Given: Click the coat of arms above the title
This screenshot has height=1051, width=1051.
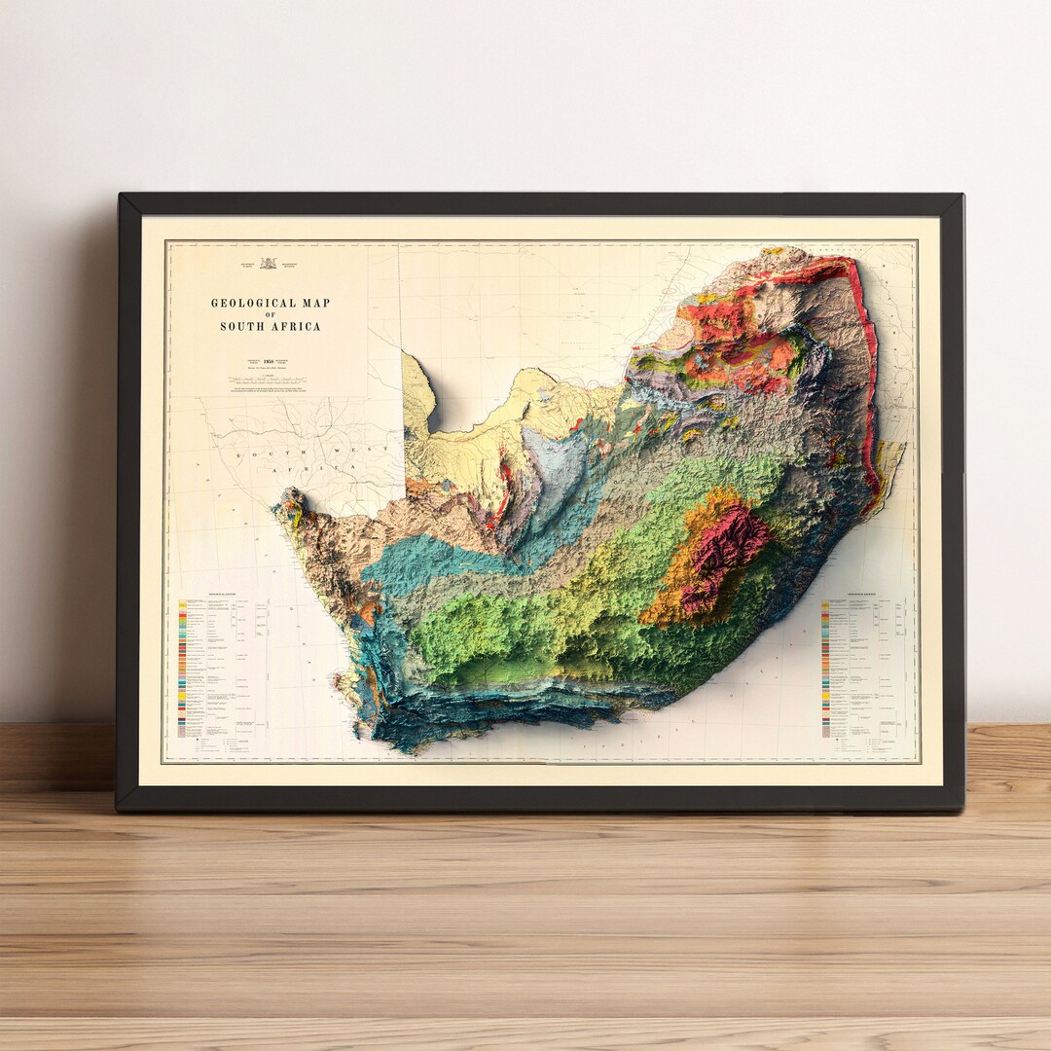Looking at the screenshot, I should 269,263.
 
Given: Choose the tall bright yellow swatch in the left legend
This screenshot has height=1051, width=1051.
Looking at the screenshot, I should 183,607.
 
